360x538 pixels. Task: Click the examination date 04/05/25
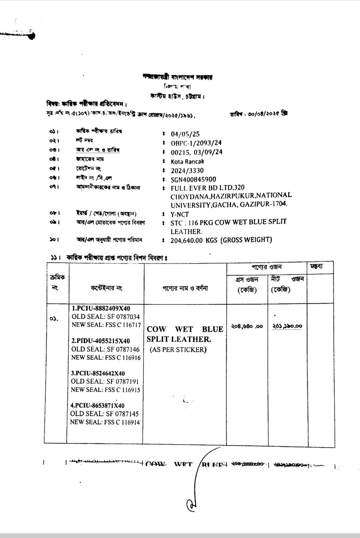coord(185,134)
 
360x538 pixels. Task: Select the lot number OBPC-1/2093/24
coord(196,143)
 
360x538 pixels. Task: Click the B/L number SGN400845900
coord(193,179)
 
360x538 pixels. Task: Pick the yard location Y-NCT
coord(180,214)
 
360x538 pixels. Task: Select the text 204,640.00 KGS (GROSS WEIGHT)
coord(221,240)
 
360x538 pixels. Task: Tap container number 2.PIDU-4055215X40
coord(101,341)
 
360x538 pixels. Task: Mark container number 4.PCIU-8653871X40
coord(97,406)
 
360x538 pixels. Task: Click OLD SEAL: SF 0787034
coord(105,316)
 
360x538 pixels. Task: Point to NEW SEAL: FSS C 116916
coord(106,358)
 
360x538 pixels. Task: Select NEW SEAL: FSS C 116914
coord(105,422)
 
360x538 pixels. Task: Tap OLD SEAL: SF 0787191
coord(105,382)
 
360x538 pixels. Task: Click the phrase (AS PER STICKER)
coord(178,350)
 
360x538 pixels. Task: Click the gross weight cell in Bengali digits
coord(247,326)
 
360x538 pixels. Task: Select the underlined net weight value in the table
coord(287,326)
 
